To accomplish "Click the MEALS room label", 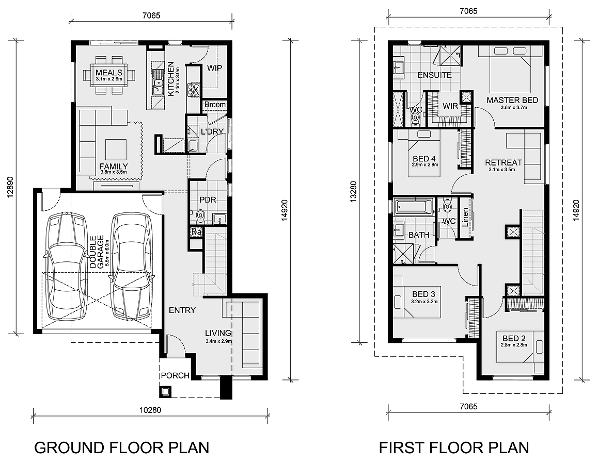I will point(109,73).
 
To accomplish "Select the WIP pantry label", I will point(214,68).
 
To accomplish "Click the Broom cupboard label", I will point(215,105).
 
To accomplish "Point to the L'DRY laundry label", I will point(212,131).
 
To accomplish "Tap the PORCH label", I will point(175,375).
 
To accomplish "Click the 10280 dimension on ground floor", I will point(150,410).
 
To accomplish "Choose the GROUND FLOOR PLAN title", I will point(121,448).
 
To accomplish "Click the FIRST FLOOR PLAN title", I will point(454,448).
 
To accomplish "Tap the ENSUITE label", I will point(434,75).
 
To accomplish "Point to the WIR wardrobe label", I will point(450,106).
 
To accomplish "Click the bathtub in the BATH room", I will point(414,207).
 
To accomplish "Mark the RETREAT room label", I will point(503,162).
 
